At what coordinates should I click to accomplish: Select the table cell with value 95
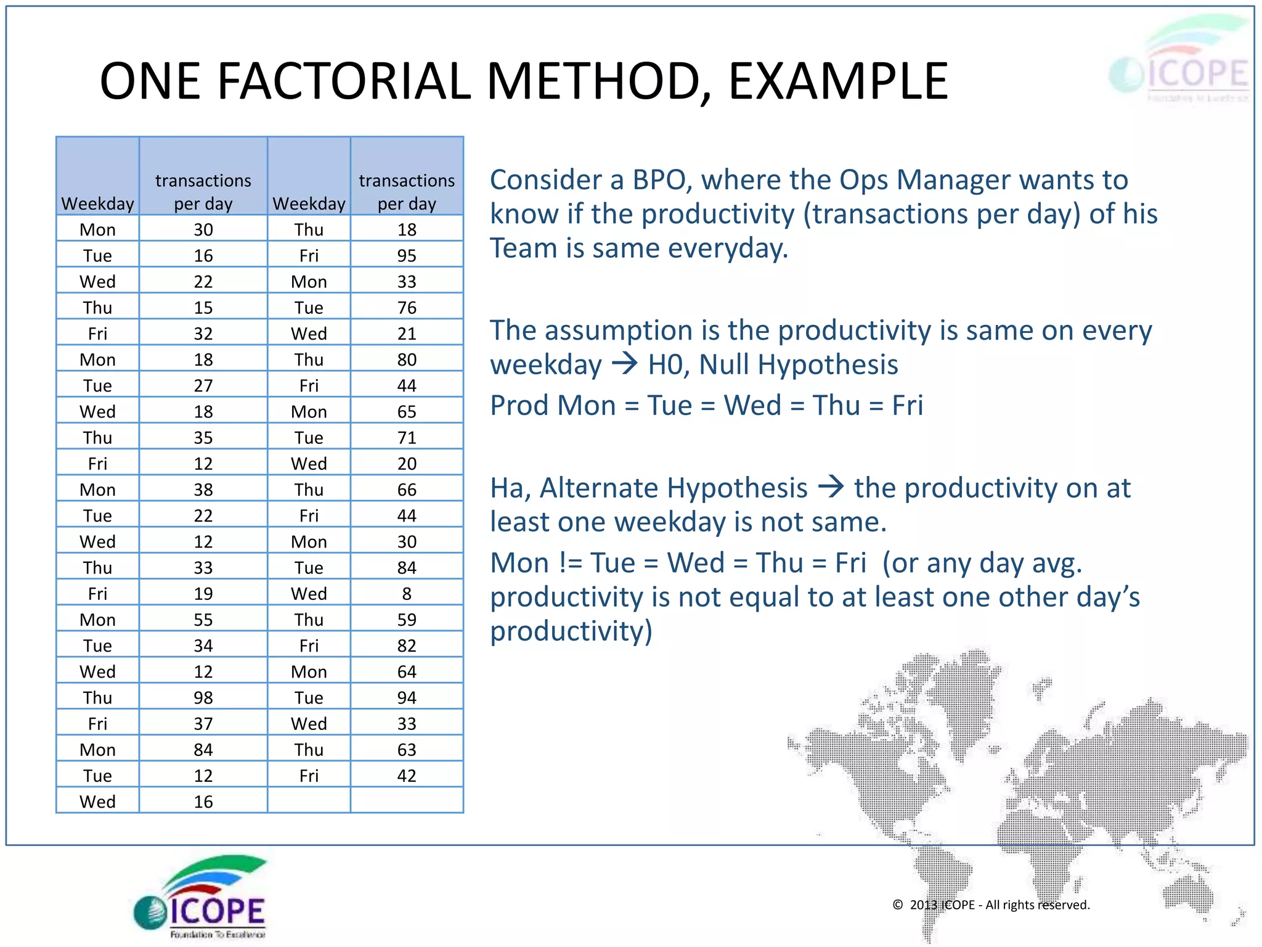[x=407, y=255]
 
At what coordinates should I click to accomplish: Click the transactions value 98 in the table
[x=203, y=697]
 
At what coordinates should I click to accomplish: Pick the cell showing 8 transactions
[x=407, y=593]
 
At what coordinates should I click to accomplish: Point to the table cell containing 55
[x=203, y=620]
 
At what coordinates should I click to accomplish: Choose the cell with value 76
[x=407, y=307]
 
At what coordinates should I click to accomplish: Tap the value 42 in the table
[x=407, y=776]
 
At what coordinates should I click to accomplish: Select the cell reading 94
[x=407, y=697]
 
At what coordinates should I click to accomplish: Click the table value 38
[x=203, y=490]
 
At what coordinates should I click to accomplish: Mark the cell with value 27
[x=203, y=385]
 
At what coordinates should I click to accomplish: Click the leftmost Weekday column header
[x=97, y=203]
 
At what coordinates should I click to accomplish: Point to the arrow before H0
[x=625, y=364]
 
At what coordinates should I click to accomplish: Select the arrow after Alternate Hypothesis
[x=831, y=487]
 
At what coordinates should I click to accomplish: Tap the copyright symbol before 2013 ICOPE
[x=898, y=904]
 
